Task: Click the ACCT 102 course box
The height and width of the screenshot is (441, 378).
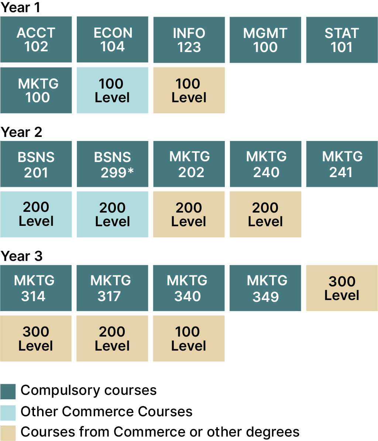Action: click(x=36, y=39)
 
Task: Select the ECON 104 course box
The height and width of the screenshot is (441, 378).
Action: click(x=113, y=39)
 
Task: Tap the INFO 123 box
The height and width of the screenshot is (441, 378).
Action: click(x=189, y=39)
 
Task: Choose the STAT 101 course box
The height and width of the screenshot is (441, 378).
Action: click(x=342, y=39)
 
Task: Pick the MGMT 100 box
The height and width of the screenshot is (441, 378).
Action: click(x=265, y=39)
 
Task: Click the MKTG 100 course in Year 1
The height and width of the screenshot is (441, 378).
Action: click(x=36, y=90)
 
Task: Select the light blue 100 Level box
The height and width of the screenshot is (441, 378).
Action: click(x=113, y=90)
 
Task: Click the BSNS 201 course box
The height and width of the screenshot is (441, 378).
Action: click(x=36, y=164)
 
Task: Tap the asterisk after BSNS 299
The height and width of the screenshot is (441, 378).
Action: click(x=131, y=170)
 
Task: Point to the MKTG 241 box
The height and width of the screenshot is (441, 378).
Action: click(x=342, y=164)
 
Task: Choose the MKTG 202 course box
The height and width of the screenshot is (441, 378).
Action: click(x=189, y=164)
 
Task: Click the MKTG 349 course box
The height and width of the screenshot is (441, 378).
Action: click(x=265, y=288)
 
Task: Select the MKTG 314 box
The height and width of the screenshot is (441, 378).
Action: click(x=36, y=288)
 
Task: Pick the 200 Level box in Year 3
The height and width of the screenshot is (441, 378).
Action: click(x=112, y=338)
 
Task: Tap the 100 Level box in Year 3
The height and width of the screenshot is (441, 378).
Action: click(x=189, y=338)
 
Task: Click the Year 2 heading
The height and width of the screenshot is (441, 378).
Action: click(x=21, y=132)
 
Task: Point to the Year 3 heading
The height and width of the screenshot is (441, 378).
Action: click(x=21, y=256)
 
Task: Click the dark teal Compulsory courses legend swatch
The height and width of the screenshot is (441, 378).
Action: click(x=8, y=392)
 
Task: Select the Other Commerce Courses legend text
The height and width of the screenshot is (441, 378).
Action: click(x=107, y=411)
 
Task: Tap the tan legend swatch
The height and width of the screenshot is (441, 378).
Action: click(x=8, y=433)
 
